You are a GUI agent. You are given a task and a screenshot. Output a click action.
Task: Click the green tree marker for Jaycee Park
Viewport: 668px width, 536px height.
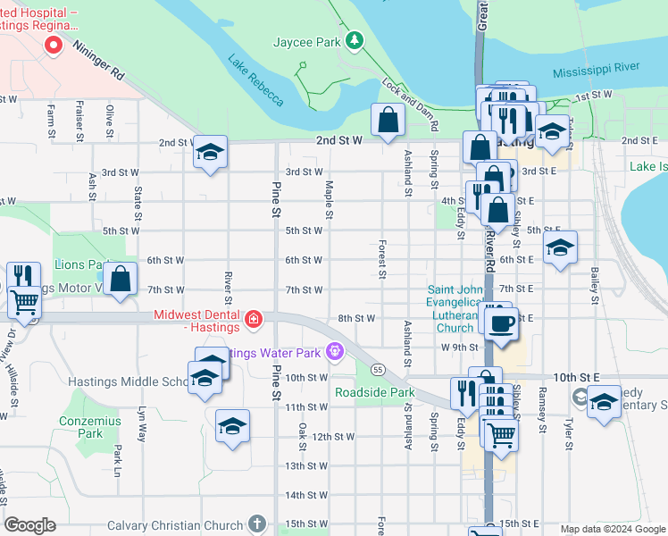(x=355, y=40)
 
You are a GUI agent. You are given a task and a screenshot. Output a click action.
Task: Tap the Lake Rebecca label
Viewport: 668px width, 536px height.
(x=255, y=80)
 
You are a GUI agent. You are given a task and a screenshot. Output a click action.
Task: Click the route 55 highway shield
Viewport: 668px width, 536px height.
(x=379, y=369)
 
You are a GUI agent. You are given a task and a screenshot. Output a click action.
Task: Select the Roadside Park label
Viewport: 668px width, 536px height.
(x=374, y=392)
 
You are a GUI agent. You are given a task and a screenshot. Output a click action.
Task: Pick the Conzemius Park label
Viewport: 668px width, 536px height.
(x=90, y=426)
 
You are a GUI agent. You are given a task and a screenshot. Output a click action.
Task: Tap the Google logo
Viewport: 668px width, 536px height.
(x=30, y=525)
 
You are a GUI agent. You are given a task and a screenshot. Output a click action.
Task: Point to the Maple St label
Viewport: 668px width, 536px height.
(x=330, y=199)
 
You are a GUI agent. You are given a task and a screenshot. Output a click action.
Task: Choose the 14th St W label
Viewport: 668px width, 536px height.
(x=304, y=495)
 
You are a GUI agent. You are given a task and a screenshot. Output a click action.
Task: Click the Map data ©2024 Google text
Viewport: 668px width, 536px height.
(x=612, y=529)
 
